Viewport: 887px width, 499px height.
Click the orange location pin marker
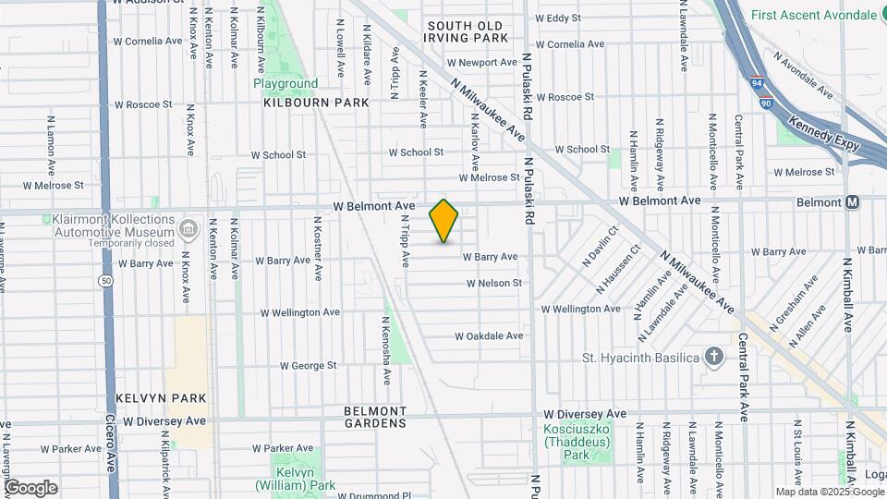pos(443,221)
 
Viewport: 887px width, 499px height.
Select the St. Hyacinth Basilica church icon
pos(713,356)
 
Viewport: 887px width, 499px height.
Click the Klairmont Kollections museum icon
pos(188,227)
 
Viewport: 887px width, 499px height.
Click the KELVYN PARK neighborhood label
pos(161,397)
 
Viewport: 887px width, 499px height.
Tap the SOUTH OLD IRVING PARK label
pos(466,31)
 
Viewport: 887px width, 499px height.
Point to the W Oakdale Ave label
pos(489,336)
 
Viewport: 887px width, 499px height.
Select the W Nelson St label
pos(493,284)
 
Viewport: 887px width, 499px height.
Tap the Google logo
pos(30,488)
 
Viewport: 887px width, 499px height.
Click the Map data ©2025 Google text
pos(829,492)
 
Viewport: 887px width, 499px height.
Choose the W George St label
pos(308,366)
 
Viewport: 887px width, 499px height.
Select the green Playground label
pos(286,83)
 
